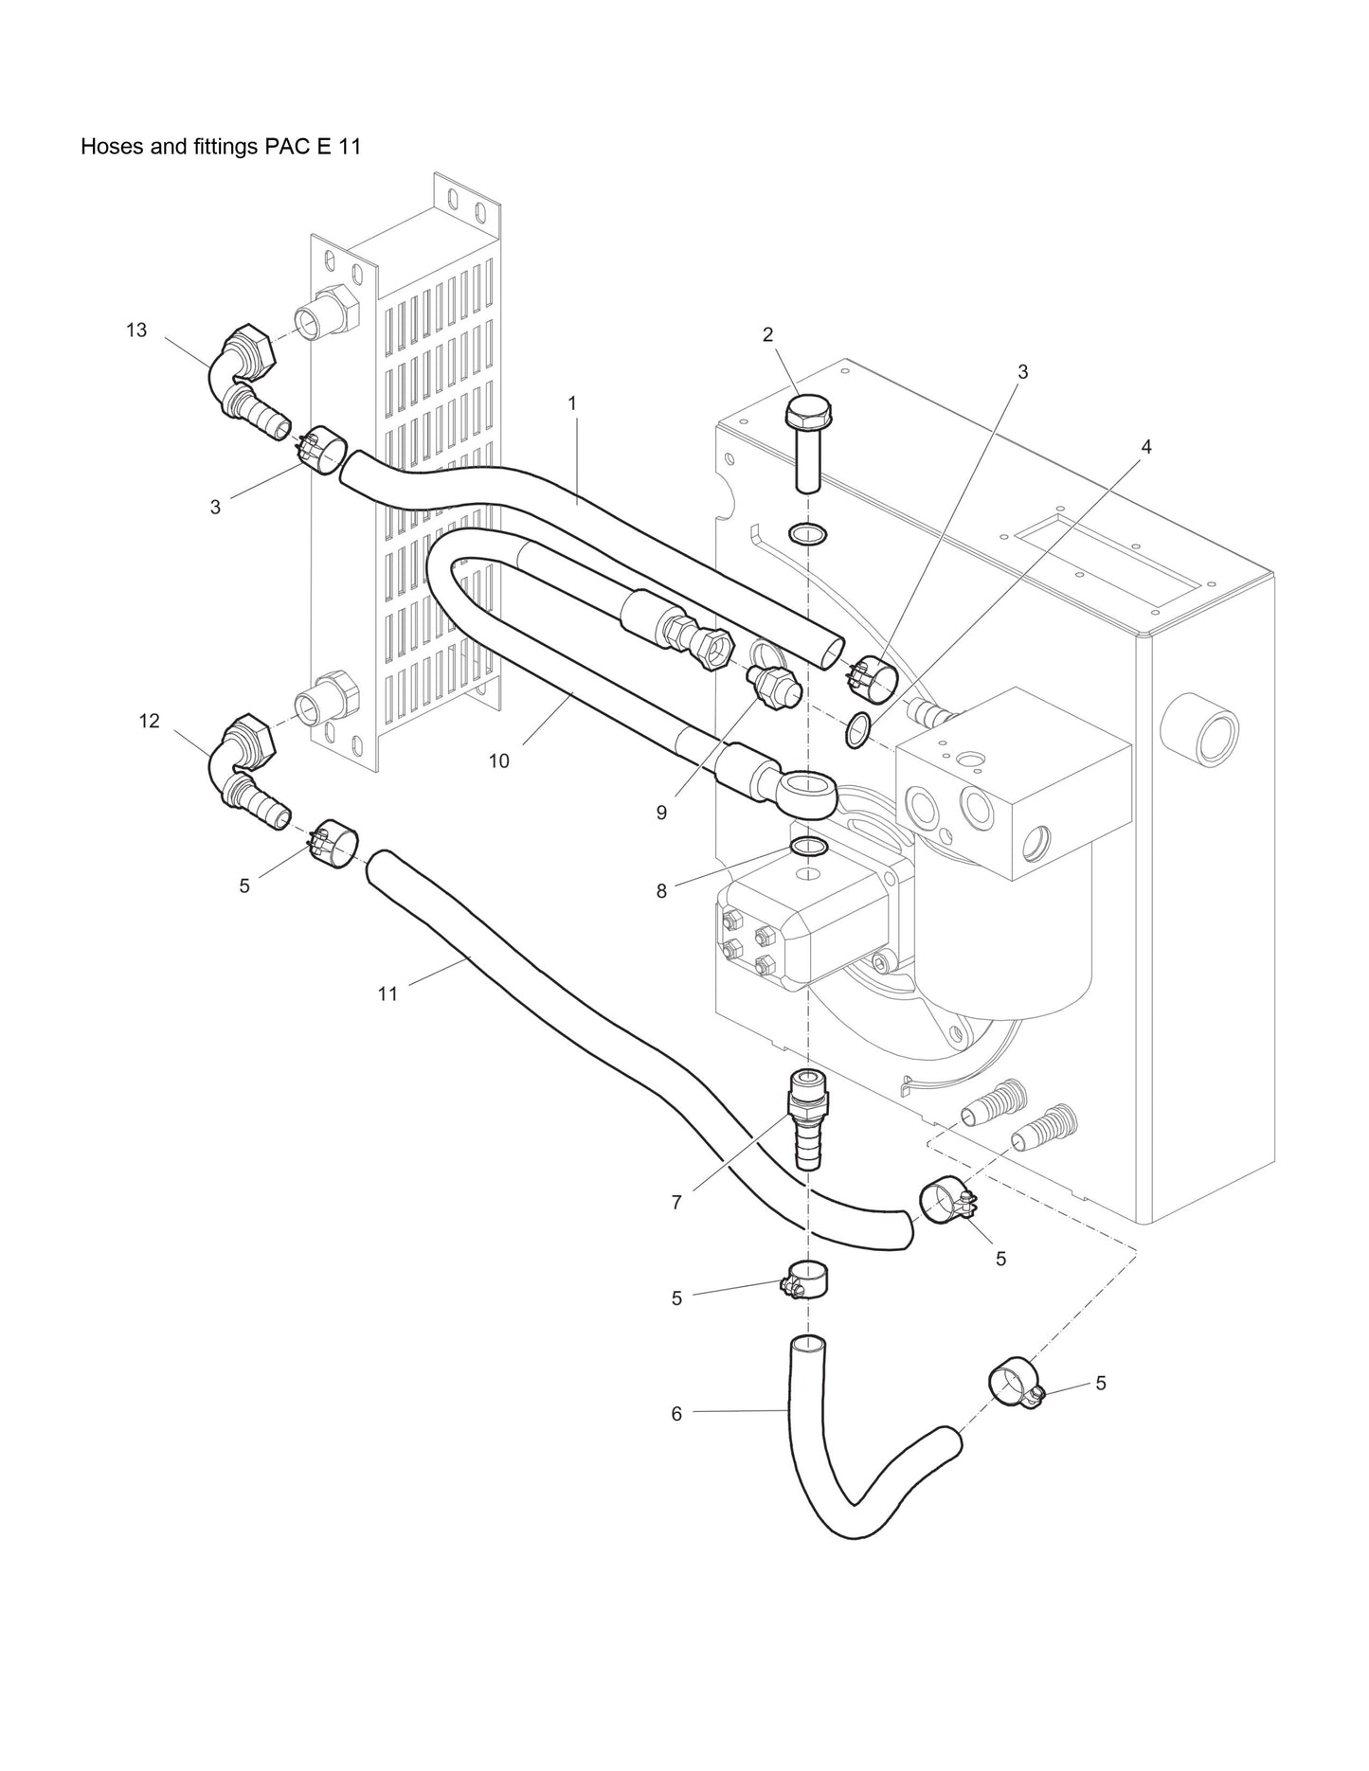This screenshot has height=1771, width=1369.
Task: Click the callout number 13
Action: point(136,330)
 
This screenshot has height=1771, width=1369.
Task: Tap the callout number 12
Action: point(149,721)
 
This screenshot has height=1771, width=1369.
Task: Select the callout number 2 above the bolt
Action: point(767,334)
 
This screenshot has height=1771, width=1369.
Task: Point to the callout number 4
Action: point(1146,446)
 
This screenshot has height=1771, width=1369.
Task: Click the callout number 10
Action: point(498,760)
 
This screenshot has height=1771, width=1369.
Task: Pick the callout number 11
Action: point(387,993)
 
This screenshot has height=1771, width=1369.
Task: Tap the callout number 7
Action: point(676,1203)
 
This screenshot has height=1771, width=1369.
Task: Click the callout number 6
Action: point(676,1413)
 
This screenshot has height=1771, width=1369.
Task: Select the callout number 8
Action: point(661,890)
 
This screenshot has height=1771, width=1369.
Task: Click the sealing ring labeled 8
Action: point(807,845)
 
